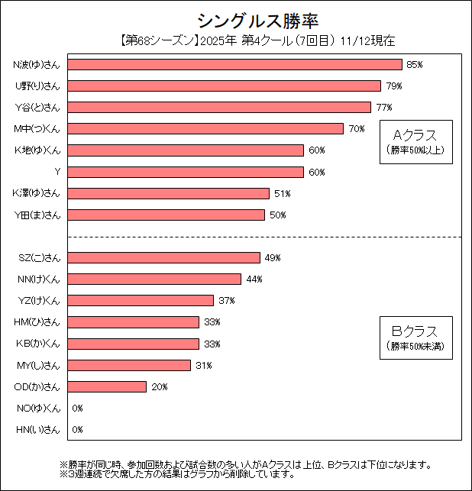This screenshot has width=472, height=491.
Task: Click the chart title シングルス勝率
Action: [x=235, y=20]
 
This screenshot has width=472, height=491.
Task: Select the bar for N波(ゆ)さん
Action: [x=234, y=65]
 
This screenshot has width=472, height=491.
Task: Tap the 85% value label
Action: [x=415, y=65]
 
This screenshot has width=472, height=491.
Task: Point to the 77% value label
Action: [x=383, y=108]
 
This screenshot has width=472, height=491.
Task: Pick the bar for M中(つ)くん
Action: [x=205, y=129]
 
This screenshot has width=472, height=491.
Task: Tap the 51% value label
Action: [x=282, y=193]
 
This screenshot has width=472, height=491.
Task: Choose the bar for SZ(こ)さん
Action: [x=164, y=258]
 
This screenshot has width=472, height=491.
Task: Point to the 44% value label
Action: [x=254, y=279]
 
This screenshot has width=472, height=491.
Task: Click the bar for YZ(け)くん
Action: [x=141, y=301]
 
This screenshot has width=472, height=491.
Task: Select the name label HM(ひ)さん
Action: [x=38, y=322]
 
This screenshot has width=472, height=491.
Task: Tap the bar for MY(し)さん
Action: [x=129, y=366]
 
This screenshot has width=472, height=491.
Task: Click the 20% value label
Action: [x=159, y=387]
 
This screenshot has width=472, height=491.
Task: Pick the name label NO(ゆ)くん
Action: [x=38, y=409]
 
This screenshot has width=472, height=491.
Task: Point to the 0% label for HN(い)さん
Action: [x=77, y=430]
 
